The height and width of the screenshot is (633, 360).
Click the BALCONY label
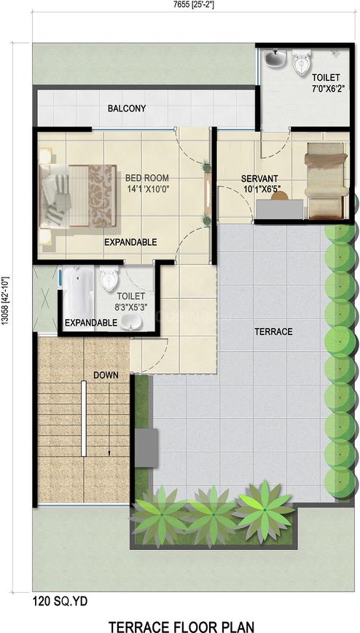[x=127, y=109]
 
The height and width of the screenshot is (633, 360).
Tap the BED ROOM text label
[x=147, y=178]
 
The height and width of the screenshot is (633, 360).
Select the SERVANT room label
[x=259, y=178]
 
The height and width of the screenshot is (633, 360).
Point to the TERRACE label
[x=273, y=332]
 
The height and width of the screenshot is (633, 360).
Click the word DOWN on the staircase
[x=106, y=375]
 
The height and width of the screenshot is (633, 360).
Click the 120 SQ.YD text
[x=60, y=602]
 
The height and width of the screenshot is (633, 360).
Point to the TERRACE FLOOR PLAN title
[x=181, y=626]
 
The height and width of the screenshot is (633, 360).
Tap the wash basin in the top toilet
[x=276, y=58]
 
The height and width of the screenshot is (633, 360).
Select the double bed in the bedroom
[x=77, y=196]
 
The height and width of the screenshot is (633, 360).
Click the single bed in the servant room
[x=326, y=180]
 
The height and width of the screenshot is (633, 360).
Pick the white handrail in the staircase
[x=84, y=418]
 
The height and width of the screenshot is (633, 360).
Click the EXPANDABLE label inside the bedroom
[x=130, y=243]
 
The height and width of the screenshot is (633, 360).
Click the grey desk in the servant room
[x=280, y=210]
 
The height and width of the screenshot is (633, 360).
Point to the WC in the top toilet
[x=302, y=63]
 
